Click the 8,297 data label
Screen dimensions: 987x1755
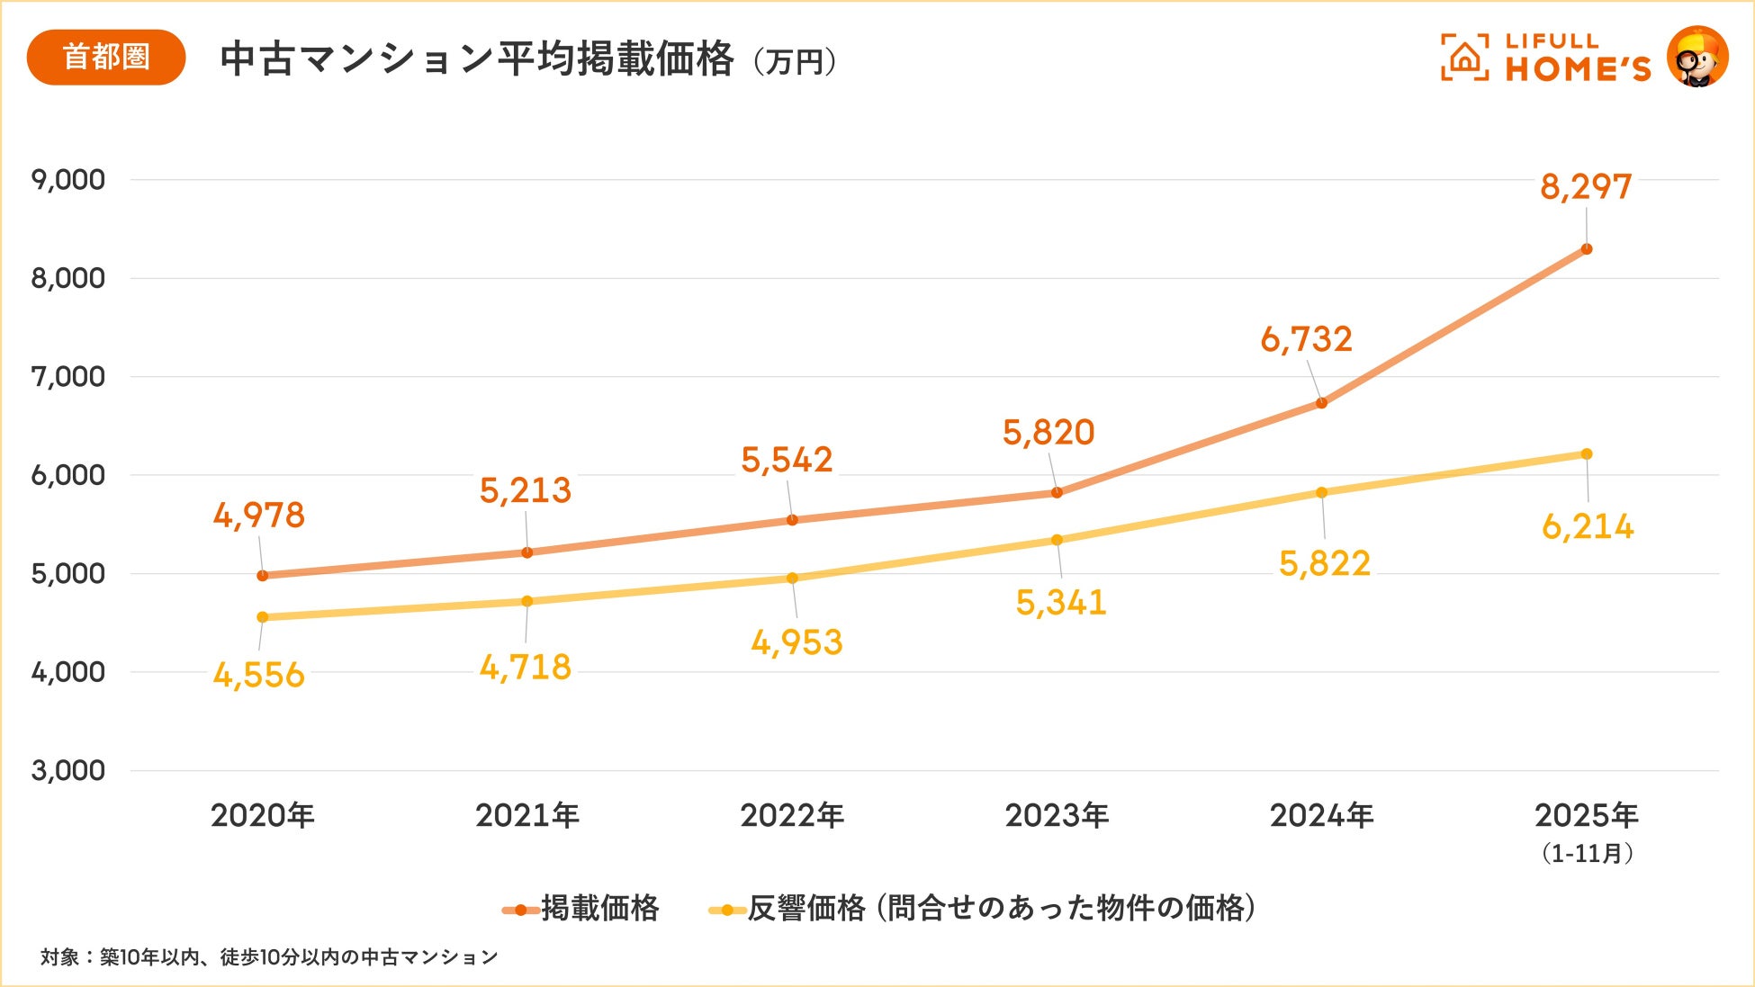point(1586,187)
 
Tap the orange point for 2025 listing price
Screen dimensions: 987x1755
point(1587,249)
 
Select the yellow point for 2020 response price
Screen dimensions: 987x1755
point(263,617)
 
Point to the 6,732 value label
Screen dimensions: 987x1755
point(1306,339)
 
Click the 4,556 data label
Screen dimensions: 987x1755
point(259,675)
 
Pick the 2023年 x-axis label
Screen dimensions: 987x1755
point(1057,816)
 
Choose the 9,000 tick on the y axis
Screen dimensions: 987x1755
point(68,180)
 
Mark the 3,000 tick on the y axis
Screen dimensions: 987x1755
point(68,771)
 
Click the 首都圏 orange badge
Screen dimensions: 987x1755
point(106,58)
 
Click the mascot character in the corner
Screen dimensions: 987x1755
point(1697,57)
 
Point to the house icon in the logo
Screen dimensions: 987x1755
point(1464,58)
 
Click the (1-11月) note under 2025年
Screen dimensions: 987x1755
point(1587,853)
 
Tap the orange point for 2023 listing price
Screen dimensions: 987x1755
point(1057,493)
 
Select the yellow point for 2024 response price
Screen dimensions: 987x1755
point(1321,493)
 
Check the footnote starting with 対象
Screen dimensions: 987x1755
point(269,957)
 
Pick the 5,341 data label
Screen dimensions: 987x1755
point(1061,603)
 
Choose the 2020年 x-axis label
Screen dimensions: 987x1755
point(263,816)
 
